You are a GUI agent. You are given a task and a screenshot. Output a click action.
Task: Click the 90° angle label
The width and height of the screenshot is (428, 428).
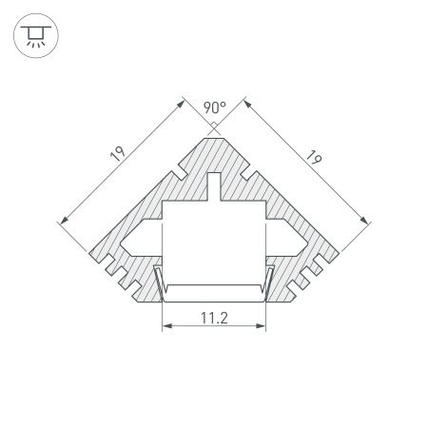(x=214, y=107)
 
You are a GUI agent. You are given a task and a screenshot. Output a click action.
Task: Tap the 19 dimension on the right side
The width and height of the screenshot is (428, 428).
(x=310, y=157)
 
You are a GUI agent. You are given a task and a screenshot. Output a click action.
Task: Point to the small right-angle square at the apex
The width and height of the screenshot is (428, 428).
(x=214, y=124)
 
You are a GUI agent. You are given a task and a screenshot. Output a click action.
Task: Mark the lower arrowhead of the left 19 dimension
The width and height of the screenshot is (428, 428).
(x=64, y=222)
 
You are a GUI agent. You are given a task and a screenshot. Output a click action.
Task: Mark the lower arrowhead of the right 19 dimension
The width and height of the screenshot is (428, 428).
(x=365, y=222)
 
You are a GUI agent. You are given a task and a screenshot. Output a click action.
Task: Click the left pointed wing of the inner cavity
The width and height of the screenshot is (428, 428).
(x=133, y=234)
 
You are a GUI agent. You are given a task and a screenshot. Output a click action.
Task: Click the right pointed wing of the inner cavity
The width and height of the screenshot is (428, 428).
(x=296, y=234)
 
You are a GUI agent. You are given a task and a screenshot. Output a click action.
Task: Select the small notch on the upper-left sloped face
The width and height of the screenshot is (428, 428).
(x=177, y=173)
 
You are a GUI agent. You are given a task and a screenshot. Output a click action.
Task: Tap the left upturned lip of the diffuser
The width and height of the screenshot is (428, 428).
(x=159, y=282)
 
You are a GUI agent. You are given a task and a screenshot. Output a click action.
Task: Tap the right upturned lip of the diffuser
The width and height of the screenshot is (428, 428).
(x=270, y=282)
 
